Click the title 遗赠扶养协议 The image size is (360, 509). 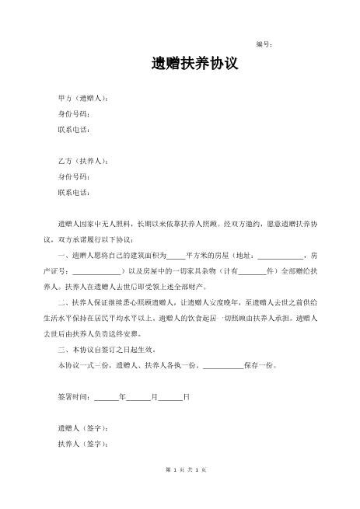194,64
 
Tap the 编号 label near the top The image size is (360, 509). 264,44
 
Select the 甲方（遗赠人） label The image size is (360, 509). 83,99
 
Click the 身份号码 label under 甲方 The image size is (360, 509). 74,113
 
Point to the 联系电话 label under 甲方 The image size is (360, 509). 74,129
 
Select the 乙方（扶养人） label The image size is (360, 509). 83,162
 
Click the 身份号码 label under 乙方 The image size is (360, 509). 74,176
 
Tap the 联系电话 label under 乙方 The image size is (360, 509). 74,192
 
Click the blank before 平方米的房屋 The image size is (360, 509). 176,256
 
